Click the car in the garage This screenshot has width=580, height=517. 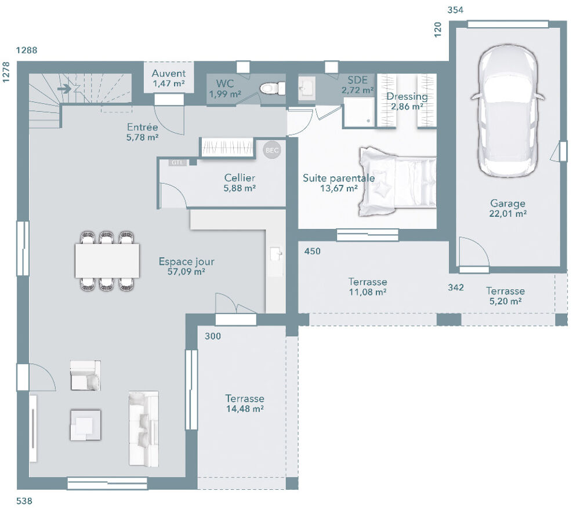click(508, 110)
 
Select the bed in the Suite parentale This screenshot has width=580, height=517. click(397, 181)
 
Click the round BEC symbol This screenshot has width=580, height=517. click(271, 150)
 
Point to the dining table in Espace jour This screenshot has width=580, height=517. click(107, 260)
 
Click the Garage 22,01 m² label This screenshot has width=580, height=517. click(508, 209)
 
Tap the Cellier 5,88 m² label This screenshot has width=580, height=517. click(240, 183)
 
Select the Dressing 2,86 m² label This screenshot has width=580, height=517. click(407, 101)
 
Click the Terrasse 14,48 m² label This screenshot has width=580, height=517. click(245, 403)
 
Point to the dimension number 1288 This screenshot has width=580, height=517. click(27, 50)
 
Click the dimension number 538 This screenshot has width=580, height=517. click(25, 501)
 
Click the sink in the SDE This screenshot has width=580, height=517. click(306, 88)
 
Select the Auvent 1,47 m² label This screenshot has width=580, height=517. click(169, 78)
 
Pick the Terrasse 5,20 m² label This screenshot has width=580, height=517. click(505, 296)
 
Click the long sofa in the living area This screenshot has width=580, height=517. click(143, 428)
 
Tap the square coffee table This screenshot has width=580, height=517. click(85, 425)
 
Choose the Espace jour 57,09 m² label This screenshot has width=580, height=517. click(182, 266)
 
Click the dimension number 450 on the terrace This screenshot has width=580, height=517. click(312, 252)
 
